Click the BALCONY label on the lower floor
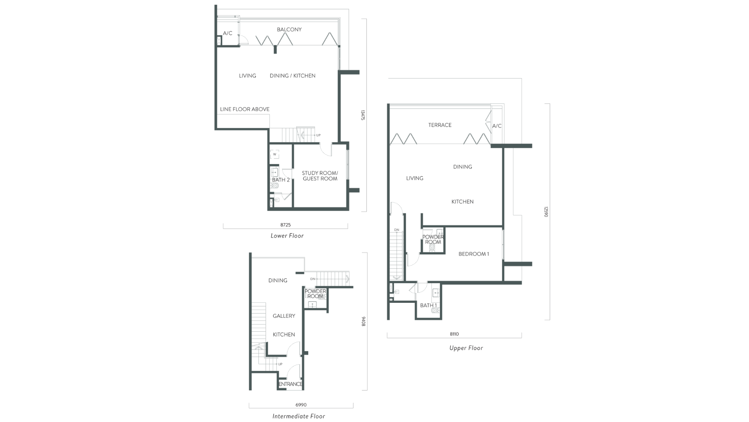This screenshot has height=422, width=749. point(289,29)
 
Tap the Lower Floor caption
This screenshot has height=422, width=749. point(287,236)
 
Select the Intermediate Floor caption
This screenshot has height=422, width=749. point(299,416)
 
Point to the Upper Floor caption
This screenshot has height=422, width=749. point(466,348)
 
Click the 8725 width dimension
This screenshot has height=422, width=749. point(286,225)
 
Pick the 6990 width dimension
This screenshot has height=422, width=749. point(301,405)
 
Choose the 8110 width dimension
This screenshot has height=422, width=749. point(454,334)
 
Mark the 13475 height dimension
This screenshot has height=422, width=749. point(362,115)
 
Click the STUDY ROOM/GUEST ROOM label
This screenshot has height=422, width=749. point(320,176)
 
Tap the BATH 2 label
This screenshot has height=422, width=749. point(281,180)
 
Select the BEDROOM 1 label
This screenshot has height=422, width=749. point(474,254)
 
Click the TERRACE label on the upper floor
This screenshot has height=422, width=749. point(440,125)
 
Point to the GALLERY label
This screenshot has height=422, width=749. point(284,316)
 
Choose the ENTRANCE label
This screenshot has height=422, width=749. point(290,384)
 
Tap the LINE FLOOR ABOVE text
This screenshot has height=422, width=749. point(245,109)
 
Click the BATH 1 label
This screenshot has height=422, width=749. point(428,305)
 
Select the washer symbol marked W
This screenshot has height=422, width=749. point(275,154)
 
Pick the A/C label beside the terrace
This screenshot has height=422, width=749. point(497,126)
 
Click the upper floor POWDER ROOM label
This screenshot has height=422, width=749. point(433,240)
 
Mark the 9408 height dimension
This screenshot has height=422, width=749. point(363,321)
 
